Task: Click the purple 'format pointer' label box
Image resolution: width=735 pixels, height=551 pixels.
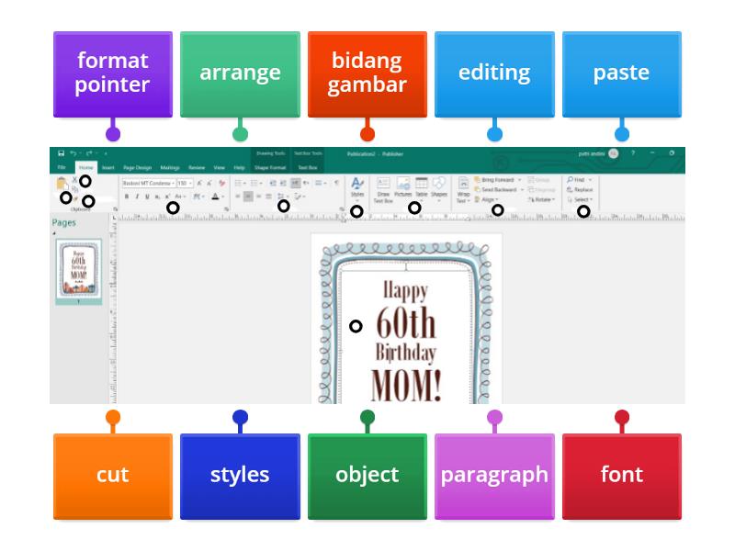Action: [x=112, y=73]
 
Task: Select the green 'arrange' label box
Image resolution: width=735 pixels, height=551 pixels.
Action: [x=240, y=73]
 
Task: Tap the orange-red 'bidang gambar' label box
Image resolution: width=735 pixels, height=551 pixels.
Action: [x=367, y=73]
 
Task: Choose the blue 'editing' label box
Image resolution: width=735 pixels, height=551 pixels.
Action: [x=494, y=73]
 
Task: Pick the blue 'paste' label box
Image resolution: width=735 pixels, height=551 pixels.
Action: [x=621, y=73]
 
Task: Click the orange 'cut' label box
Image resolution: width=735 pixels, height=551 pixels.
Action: [x=112, y=476]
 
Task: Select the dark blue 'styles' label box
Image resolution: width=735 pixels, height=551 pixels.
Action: [x=240, y=476]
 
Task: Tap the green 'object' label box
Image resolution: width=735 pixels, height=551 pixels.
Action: [x=367, y=476]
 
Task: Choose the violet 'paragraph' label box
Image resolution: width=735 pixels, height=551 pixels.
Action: [x=494, y=476]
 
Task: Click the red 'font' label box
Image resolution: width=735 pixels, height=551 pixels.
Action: [x=621, y=476]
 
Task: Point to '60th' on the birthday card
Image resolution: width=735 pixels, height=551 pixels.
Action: [x=406, y=323]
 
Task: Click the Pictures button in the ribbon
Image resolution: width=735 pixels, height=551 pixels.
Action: [x=403, y=187]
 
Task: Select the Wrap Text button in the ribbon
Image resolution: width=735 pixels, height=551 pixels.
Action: [x=464, y=188]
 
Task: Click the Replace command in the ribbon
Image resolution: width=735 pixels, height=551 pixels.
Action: [x=582, y=189]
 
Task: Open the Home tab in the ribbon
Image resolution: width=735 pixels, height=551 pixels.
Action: [x=85, y=168]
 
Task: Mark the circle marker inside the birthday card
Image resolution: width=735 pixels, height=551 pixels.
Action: [x=356, y=326]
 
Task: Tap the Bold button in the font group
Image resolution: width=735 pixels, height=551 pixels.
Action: [x=128, y=197]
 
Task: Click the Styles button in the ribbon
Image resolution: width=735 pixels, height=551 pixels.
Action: [x=357, y=187]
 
